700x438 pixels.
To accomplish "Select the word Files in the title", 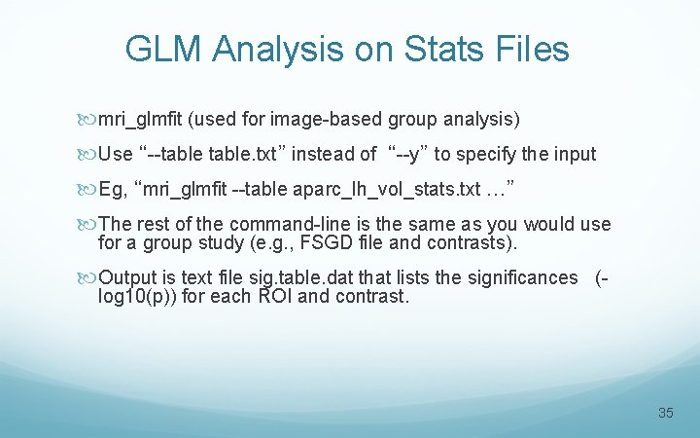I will tap(529, 50).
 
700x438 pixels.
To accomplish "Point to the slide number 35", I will tap(665, 413).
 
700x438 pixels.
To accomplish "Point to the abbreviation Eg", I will tap(112, 188).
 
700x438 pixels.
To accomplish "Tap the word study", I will tap(239, 242).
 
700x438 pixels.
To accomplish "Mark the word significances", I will tap(521, 277).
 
